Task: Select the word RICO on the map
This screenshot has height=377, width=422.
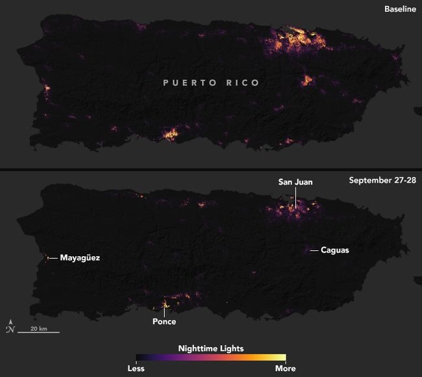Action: (x=242, y=83)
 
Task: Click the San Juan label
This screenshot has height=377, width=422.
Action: (x=295, y=182)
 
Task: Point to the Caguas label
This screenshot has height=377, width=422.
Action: (x=335, y=250)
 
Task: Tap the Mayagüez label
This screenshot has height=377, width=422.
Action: (x=80, y=257)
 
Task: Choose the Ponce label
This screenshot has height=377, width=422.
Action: (x=164, y=321)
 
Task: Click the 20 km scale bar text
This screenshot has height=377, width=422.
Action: (x=38, y=328)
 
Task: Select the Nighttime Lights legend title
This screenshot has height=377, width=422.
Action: (x=211, y=348)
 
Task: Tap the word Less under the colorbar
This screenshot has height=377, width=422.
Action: (x=136, y=369)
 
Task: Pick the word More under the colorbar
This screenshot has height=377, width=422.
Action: (x=286, y=369)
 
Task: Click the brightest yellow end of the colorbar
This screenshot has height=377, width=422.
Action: (x=282, y=357)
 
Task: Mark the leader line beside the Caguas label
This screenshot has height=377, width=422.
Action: (x=314, y=250)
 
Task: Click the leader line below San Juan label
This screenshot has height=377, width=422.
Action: (x=295, y=197)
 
